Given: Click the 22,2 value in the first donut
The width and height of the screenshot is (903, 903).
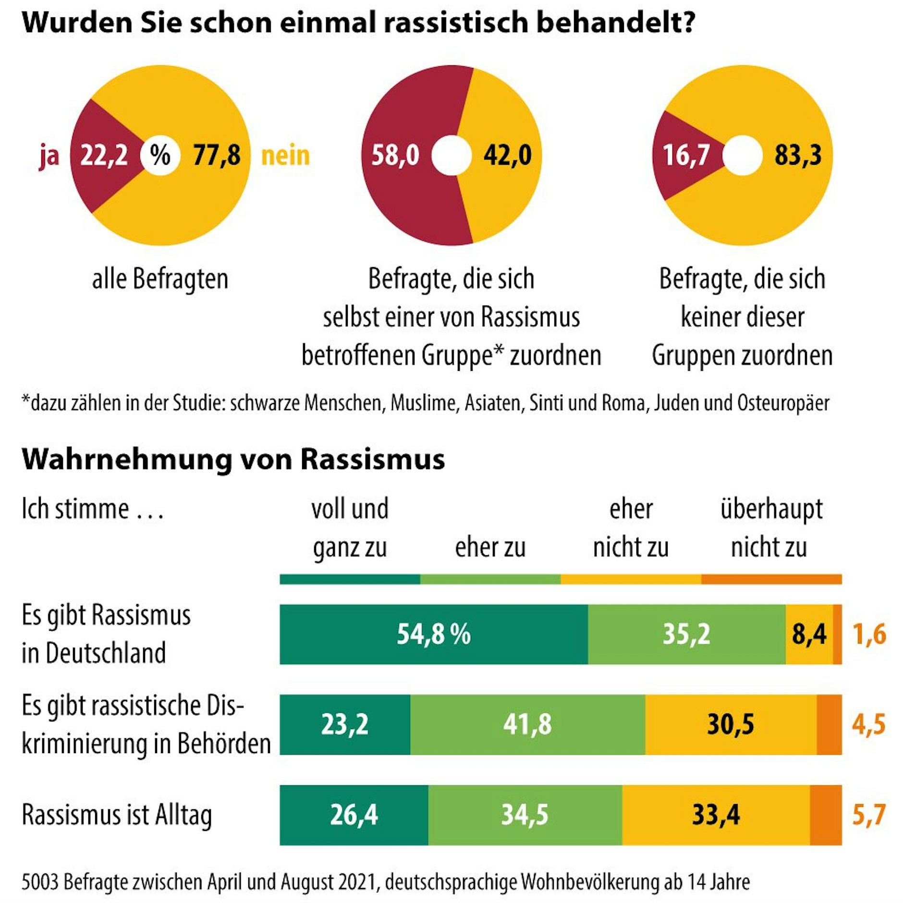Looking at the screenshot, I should pyautogui.click(x=104, y=156).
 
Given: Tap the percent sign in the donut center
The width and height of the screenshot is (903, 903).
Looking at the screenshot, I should pyautogui.click(x=160, y=155).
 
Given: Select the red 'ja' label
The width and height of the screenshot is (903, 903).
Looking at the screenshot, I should pyautogui.click(x=49, y=156).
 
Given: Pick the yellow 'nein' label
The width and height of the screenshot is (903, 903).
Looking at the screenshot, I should pyautogui.click(x=285, y=156).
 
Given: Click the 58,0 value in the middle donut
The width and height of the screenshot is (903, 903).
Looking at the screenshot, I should pyautogui.click(x=395, y=156).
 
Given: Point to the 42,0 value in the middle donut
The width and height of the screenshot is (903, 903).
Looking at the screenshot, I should pyautogui.click(x=507, y=156).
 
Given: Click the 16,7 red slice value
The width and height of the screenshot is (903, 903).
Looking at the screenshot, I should pyautogui.click(x=686, y=156).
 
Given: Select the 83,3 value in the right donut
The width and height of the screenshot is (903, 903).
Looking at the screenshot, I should pyautogui.click(x=797, y=156).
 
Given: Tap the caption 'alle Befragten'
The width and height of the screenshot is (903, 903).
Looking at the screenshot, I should pyautogui.click(x=160, y=279).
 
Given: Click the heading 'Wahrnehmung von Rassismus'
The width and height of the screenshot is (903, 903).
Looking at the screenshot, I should pyautogui.click(x=233, y=460).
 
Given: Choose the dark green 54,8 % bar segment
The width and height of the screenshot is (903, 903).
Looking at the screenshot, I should pyautogui.click(x=433, y=634).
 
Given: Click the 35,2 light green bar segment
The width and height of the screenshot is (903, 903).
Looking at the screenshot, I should pyautogui.click(x=686, y=634).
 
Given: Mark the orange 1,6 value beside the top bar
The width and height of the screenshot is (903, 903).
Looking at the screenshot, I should pyautogui.click(x=869, y=634).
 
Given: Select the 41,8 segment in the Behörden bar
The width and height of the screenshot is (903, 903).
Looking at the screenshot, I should pyautogui.click(x=527, y=724).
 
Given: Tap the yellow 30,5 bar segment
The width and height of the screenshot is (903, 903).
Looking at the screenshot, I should pyautogui.click(x=730, y=724).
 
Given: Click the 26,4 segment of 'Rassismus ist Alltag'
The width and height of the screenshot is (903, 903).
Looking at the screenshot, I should pyautogui.click(x=354, y=815).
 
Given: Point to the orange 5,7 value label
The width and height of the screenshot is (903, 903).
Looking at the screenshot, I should pyautogui.click(x=868, y=815).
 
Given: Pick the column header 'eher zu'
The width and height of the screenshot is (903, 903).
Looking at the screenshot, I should pyautogui.click(x=490, y=548).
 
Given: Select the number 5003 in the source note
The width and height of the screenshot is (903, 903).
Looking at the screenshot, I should pyautogui.click(x=40, y=882).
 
